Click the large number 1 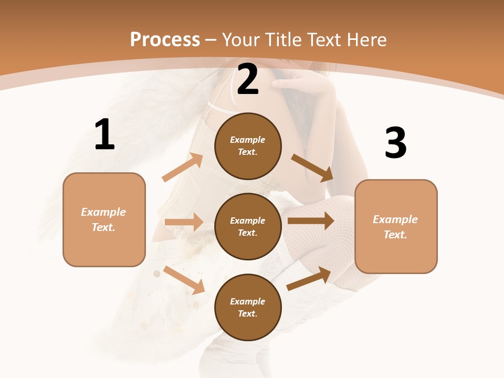[x=104, y=134]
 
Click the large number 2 [x=248, y=80]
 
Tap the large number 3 [x=395, y=143]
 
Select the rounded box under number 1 [x=104, y=219]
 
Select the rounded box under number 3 [x=396, y=227]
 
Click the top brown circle [x=248, y=146]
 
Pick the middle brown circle [x=248, y=226]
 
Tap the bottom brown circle [x=248, y=307]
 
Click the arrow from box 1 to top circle [x=183, y=167]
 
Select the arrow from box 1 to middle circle [x=184, y=222]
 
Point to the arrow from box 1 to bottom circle [x=184, y=280]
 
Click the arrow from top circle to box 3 [x=313, y=167]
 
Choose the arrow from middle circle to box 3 [x=311, y=220]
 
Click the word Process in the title [x=165, y=39]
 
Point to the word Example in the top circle [x=248, y=140]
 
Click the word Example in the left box [x=103, y=212]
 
